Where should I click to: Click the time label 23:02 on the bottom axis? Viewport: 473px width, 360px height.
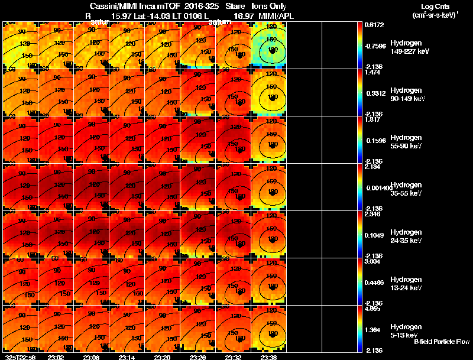[x=56, y=357]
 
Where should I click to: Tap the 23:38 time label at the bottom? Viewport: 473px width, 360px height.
[x=269, y=357]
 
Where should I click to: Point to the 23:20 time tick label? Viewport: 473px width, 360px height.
[x=163, y=357]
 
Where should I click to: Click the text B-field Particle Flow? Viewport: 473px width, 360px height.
[x=442, y=342]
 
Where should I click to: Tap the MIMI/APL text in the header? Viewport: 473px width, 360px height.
[x=276, y=16]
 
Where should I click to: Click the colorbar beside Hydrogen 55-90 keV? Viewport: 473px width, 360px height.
[x=360, y=140]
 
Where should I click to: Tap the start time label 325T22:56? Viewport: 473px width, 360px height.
[x=19, y=357]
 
